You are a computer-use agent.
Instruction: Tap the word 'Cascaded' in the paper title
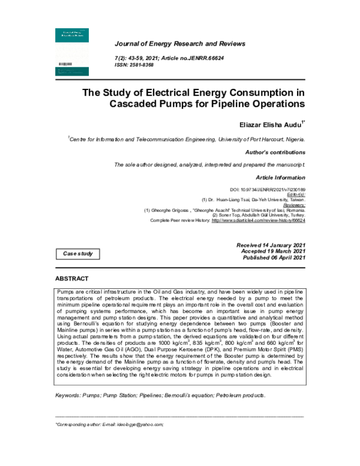pyautogui.click(x=140, y=103)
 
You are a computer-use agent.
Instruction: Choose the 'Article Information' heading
pyautogui.click(x=281, y=178)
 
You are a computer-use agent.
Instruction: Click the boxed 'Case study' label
pyautogui.click(x=78, y=254)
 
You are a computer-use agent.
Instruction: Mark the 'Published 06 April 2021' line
pyautogui.click(x=273, y=258)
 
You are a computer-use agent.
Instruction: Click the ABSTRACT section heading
pyautogui.click(x=71, y=279)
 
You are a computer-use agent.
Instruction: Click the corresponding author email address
pyautogui.click(x=140, y=424)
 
